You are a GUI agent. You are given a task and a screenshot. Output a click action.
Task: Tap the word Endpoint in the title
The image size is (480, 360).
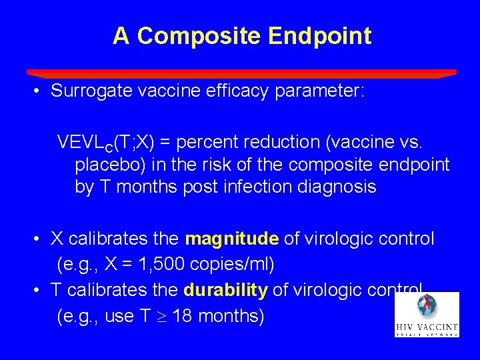click(319, 36)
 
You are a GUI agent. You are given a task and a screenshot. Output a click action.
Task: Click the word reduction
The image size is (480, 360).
click(285, 142)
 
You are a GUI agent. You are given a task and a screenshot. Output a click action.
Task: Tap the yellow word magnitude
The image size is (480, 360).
click(231, 239)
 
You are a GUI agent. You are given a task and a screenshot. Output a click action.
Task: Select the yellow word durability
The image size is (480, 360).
click(226, 290)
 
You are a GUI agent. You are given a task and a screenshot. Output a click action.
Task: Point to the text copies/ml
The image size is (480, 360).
click(232, 265)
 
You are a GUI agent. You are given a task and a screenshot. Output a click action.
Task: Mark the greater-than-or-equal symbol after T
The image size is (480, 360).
click(161, 317)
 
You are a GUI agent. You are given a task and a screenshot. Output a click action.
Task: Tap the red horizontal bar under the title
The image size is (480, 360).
click(241, 73)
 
